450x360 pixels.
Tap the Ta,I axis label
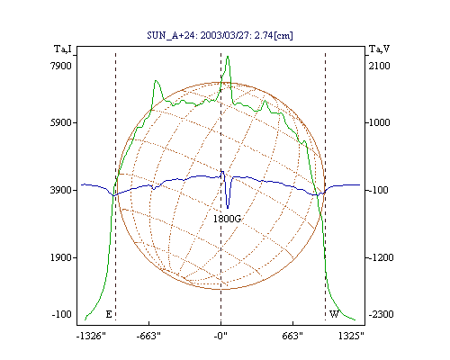click(x=63, y=49)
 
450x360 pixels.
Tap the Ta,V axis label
click(x=379, y=49)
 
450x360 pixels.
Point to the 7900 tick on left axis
click(x=61, y=66)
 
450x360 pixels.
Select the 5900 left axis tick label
click(x=61, y=122)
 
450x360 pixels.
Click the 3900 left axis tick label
click(x=61, y=190)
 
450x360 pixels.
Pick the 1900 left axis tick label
click(x=61, y=257)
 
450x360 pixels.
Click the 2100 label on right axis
click(x=380, y=66)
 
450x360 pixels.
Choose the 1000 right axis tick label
click(x=380, y=122)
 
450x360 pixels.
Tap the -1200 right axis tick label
click(x=381, y=257)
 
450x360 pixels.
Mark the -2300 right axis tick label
click(x=381, y=314)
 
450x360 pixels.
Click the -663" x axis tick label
click(x=148, y=336)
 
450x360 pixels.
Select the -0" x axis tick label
click(x=220, y=336)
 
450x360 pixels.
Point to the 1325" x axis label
click(x=351, y=336)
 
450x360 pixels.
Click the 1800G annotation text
click(x=227, y=219)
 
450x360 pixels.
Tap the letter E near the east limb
click(x=109, y=314)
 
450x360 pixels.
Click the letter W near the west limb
click(x=334, y=314)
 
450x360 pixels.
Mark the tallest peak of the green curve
click(x=228, y=57)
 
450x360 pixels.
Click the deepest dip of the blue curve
click(x=228, y=208)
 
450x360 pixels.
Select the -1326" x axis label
click(x=91, y=336)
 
